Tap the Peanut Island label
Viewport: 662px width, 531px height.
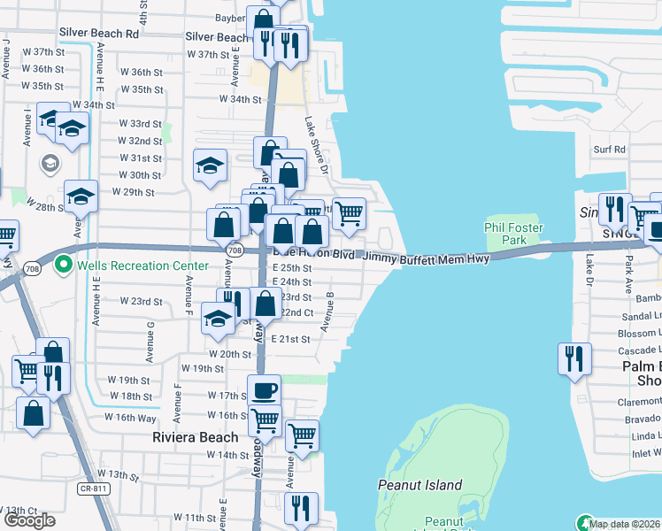(x=420, y=485)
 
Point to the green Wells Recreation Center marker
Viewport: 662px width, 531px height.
(x=63, y=264)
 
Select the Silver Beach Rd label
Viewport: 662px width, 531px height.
(x=99, y=33)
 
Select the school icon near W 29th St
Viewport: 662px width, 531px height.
(x=81, y=196)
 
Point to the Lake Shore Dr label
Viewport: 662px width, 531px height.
(x=317, y=145)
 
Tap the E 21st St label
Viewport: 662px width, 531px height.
(x=292, y=339)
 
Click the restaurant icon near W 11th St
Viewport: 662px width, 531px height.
(x=302, y=507)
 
